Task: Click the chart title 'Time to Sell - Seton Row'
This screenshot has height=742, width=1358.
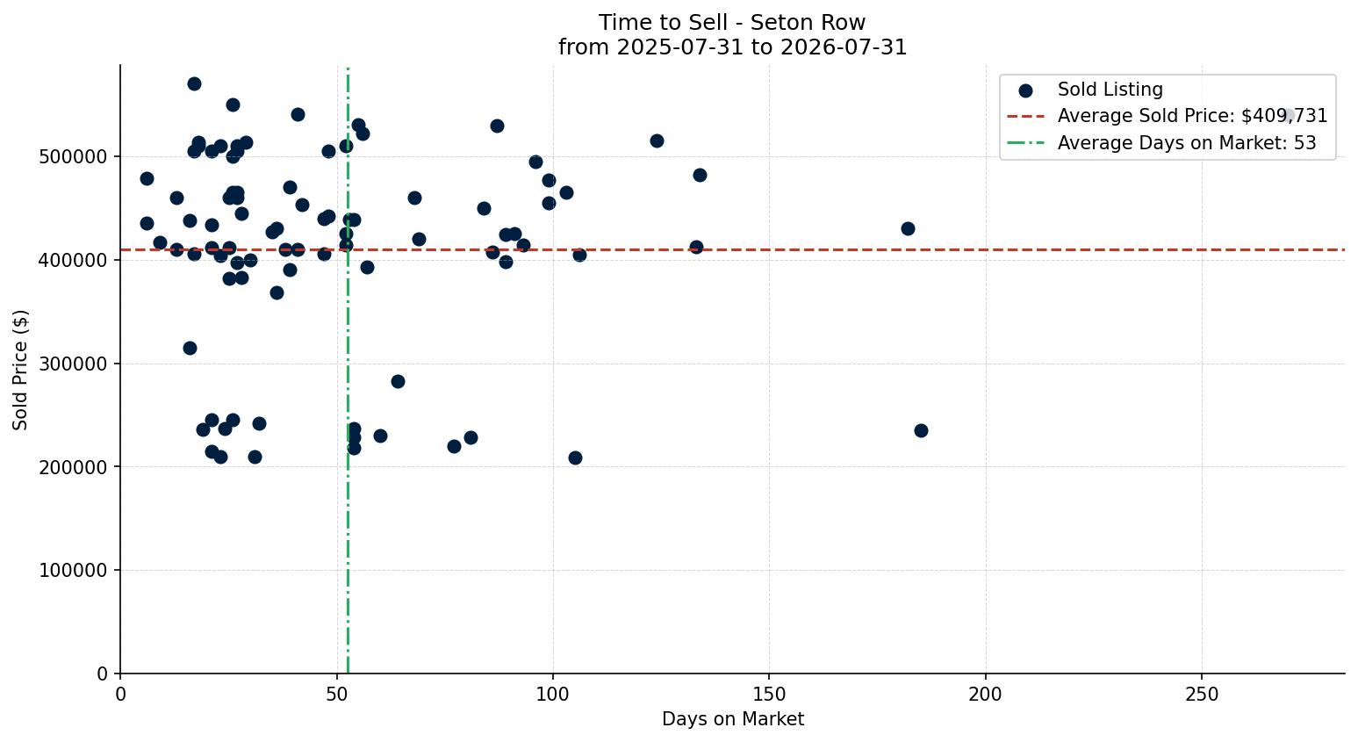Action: pyautogui.click(x=732, y=23)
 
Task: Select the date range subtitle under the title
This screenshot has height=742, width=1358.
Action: pyautogui.click(x=732, y=47)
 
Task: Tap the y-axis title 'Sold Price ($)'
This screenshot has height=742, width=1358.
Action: pyautogui.click(x=20, y=370)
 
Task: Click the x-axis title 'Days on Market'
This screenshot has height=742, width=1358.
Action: pyautogui.click(x=732, y=719)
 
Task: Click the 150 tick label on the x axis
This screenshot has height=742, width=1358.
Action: pyautogui.click(x=769, y=695)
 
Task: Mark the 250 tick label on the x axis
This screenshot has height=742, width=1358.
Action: pyautogui.click(x=1202, y=695)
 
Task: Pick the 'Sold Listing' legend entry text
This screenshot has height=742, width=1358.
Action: pyautogui.click(x=1110, y=90)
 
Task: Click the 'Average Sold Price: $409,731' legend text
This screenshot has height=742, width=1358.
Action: pyautogui.click(x=1192, y=116)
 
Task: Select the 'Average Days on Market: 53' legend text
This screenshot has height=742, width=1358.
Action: pyautogui.click(x=1187, y=143)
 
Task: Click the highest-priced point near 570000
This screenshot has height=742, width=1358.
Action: pyautogui.click(x=194, y=83)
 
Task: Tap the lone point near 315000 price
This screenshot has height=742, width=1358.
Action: pyautogui.click(x=190, y=348)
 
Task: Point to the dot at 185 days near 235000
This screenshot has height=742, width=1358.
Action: pyautogui.click(x=921, y=431)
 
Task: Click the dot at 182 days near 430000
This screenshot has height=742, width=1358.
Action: pyautogui.click(x=908, y=228)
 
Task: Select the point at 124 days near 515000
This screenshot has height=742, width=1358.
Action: pyautogui.click(x=657, y=140)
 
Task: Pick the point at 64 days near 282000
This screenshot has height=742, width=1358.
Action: pyautogui.click(x=398, y=381)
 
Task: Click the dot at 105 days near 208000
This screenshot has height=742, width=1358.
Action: pyautogui.click(x=575, y=457)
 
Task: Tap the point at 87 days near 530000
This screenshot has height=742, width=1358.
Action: pyautogui.click(x=497, y=126)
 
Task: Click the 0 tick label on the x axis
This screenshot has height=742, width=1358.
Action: pyautogui.click(x=120, y=695)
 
